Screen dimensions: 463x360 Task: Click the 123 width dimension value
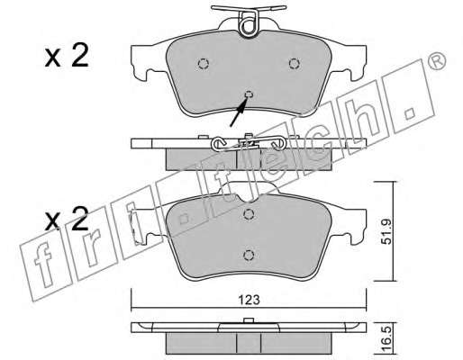(249, 300)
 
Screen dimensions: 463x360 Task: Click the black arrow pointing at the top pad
(239, 112)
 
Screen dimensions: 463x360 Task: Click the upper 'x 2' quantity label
(67, 56)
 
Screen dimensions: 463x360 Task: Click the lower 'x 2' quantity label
(67, 219)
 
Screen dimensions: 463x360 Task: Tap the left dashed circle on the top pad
(204, 64)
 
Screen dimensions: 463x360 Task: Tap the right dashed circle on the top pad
(295, 64)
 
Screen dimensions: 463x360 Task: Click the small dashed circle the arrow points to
(249, 94)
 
